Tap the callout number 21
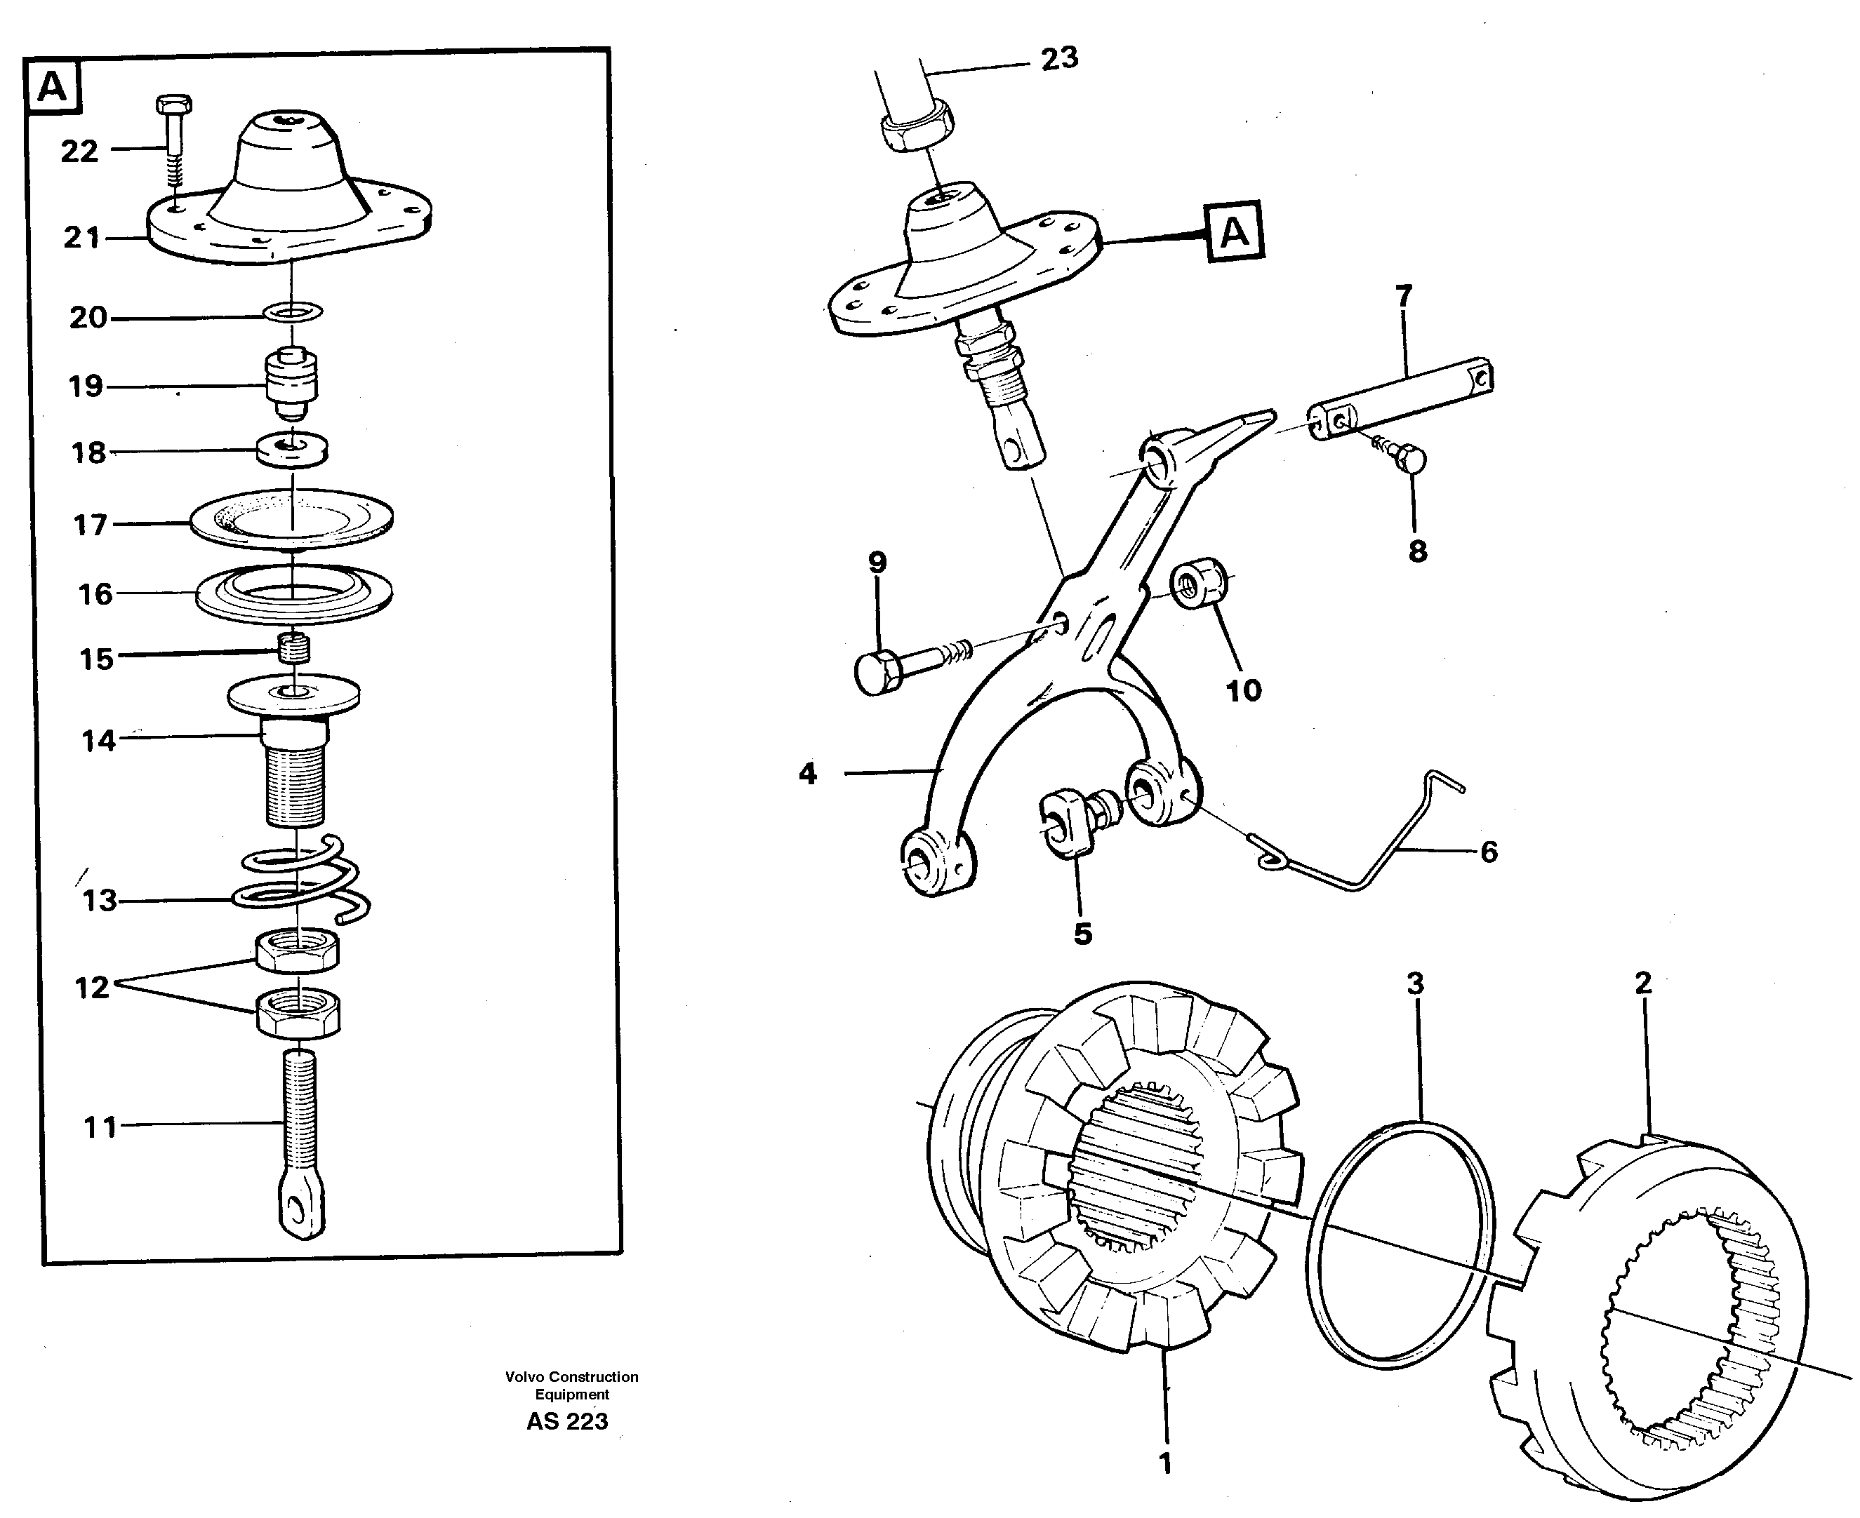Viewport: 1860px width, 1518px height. pos(81,237)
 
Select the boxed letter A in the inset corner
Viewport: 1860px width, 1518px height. pos(53,88)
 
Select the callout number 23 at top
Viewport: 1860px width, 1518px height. pos(1058,59)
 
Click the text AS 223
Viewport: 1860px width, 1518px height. pos(567,1422)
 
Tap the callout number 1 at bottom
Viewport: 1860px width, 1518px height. pos(1164,1463)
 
